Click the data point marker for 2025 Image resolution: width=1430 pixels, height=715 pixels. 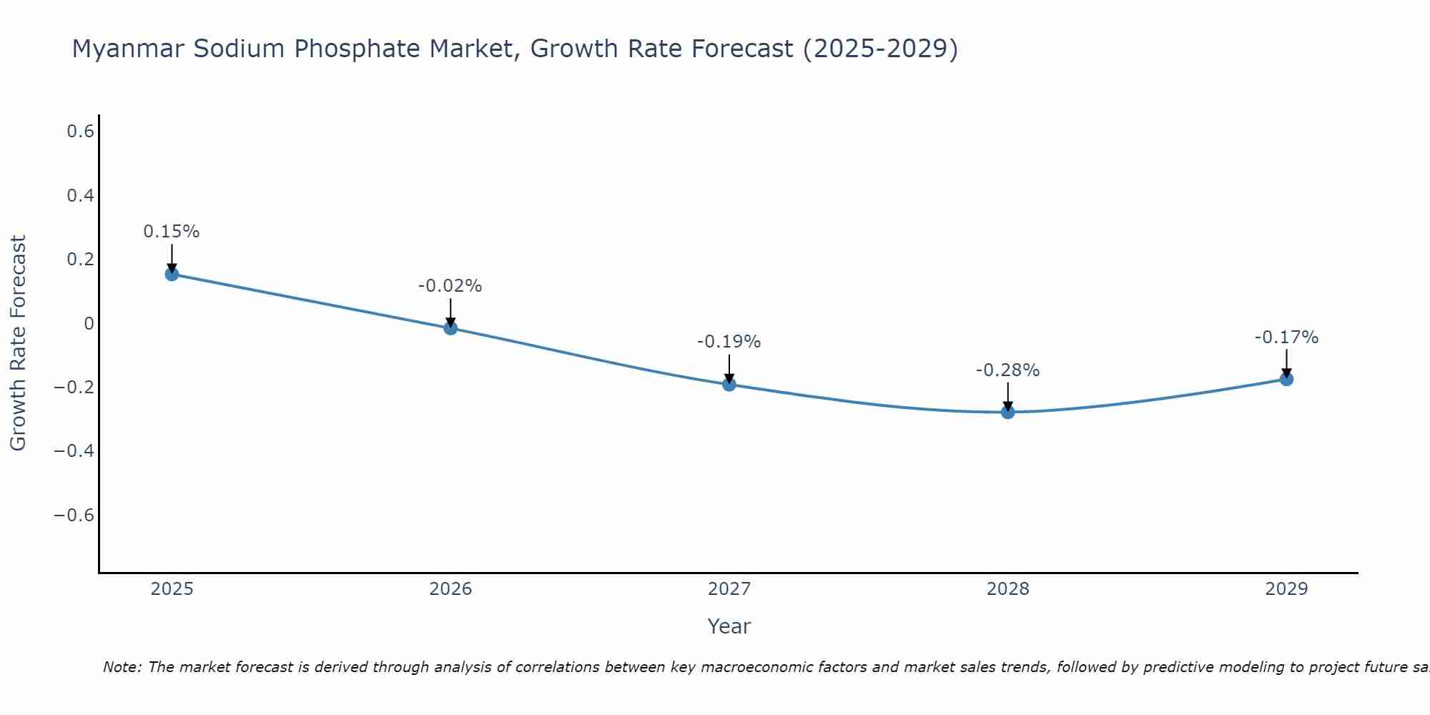(x=172, y=274)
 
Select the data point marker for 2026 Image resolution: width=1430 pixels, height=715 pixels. (x=450, y=328)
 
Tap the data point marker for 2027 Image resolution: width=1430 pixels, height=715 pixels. (x=729, y=385)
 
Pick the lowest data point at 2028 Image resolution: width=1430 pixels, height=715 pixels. (x=1008, y=412)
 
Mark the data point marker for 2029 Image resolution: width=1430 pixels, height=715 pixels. (x=1286, y=379)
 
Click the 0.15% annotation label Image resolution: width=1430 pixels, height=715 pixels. (x=172, y=232)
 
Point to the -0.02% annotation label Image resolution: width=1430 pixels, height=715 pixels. (x=450, y=286)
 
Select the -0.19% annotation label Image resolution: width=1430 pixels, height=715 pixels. (x=729, y=342)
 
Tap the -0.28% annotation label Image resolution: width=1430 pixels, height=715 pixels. (x=1007, y=370)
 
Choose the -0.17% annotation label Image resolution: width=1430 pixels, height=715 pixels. (x=1286, y=337)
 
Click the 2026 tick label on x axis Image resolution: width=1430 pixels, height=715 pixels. (x=450, y=589)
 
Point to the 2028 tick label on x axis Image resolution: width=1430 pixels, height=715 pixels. (x=1007, y=589)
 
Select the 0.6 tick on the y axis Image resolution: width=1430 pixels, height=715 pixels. (x=81, y=132)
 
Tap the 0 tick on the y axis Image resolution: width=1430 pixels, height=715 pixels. (x=89, y=324)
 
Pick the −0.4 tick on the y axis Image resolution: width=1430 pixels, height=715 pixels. (x=74, y=451)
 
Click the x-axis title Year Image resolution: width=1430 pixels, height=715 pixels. (x=729, y=626)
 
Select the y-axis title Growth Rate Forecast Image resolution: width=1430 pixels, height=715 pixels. (x=18, y=343)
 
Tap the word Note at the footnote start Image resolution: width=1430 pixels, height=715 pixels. (x=122, y=667)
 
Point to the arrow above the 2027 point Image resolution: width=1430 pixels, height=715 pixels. (x=729, y=368)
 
